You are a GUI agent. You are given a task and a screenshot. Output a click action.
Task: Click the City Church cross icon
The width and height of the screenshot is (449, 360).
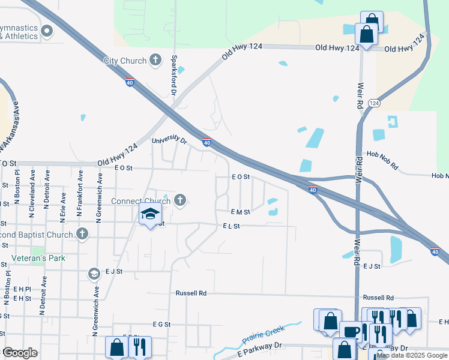coord(155,59)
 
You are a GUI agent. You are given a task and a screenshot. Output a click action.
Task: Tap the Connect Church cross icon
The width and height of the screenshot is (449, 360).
coord(179,200)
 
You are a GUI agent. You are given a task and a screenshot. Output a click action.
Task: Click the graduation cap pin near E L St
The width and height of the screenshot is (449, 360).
coord(150,214)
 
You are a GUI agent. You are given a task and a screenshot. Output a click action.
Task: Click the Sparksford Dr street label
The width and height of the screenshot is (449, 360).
coord(173,76)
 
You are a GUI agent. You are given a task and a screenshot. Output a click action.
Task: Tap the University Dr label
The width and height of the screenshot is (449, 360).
coord(169,140)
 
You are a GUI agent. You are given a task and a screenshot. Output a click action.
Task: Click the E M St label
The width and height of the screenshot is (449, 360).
coord(240,212)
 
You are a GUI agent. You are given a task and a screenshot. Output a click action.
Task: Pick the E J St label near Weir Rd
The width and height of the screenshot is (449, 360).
coord(372,266)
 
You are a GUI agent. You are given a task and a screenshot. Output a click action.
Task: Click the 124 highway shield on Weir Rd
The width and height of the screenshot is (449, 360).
coord(374,103)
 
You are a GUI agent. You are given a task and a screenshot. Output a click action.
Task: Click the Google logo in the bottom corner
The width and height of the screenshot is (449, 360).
coord(19,352)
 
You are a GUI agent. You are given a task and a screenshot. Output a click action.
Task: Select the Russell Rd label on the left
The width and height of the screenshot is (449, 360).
coord(191,293)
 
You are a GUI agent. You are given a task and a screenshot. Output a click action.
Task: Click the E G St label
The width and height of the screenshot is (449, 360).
coord(162,324)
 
